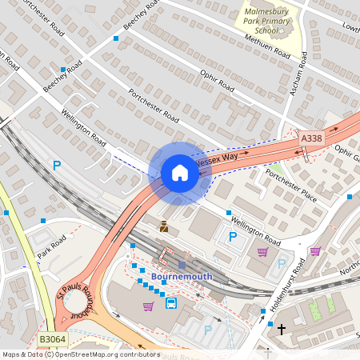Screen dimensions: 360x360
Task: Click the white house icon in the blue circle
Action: (180, 173)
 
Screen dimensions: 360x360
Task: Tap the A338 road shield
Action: (312, 139)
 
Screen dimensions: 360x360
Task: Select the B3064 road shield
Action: (53, 340)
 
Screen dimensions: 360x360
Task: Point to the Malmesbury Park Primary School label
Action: (273, 22)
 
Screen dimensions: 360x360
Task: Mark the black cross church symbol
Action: (281, 328)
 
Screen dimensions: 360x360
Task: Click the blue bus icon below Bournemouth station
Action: (171, 303)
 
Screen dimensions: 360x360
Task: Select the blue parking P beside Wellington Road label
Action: (233, 236)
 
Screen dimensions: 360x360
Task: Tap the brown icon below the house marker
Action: (164, 226)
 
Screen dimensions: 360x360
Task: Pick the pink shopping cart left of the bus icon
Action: (148, 306)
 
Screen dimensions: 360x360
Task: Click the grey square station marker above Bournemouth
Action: (182, 265)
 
